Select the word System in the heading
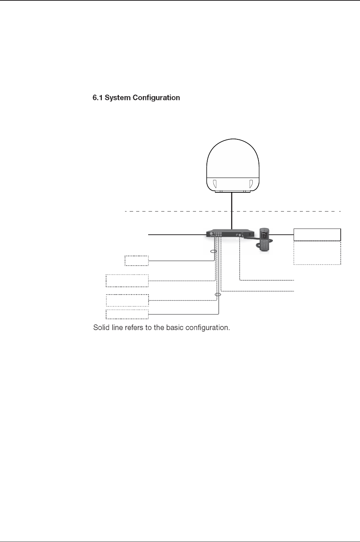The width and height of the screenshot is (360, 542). point(117,98)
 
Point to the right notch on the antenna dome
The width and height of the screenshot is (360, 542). point(251,183)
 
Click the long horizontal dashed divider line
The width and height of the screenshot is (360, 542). point(174,211)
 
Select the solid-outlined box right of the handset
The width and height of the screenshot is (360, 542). point(317,234)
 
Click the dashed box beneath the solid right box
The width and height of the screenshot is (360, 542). point(317,253)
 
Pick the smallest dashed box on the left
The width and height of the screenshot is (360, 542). point(137,261)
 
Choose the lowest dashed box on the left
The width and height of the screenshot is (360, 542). point(127,314)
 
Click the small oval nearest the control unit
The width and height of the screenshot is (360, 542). point(212,251)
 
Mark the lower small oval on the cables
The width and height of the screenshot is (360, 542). point(218,295)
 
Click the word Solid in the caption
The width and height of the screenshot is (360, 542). point(101,328)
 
